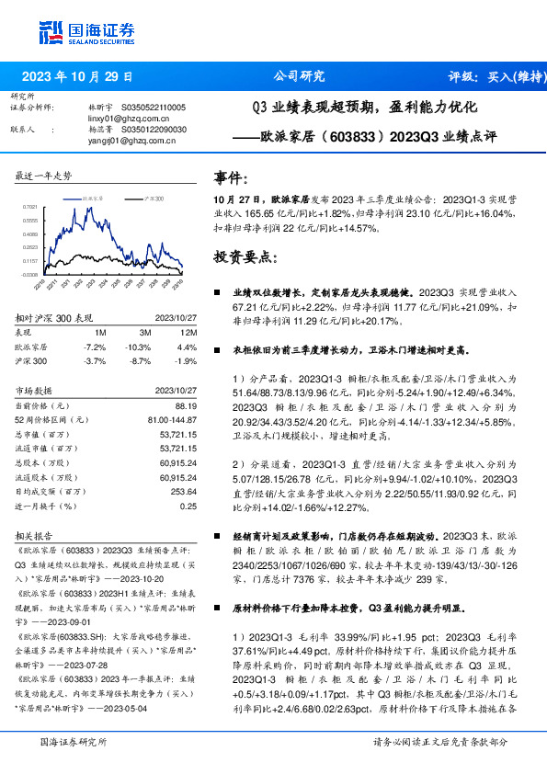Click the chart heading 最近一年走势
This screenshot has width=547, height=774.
click(44, 176)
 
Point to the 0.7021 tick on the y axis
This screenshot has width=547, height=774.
click(30, 209)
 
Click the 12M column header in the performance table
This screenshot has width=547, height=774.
click(189, 331)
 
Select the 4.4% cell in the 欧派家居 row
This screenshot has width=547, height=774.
click(188, 347)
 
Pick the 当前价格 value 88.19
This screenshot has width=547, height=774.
click(187, 405)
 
